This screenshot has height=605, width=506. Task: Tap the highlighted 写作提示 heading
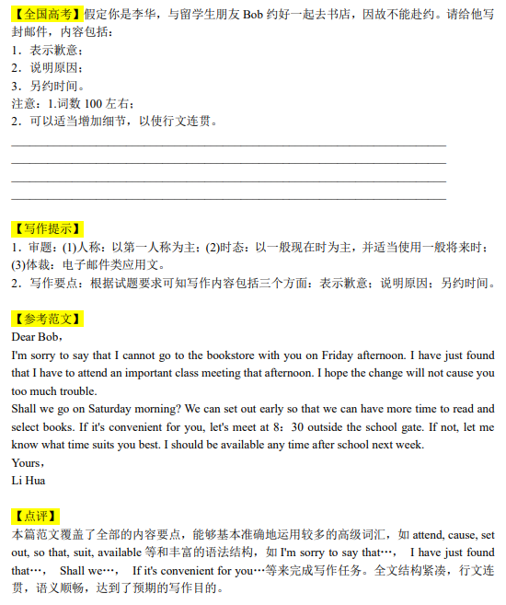coord(47,228)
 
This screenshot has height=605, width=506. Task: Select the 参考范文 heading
coord(47,319)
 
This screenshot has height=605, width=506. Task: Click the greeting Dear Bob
coord(35,337)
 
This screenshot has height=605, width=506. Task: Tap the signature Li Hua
coord(28,480)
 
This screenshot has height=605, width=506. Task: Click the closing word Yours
coord(26,463)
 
